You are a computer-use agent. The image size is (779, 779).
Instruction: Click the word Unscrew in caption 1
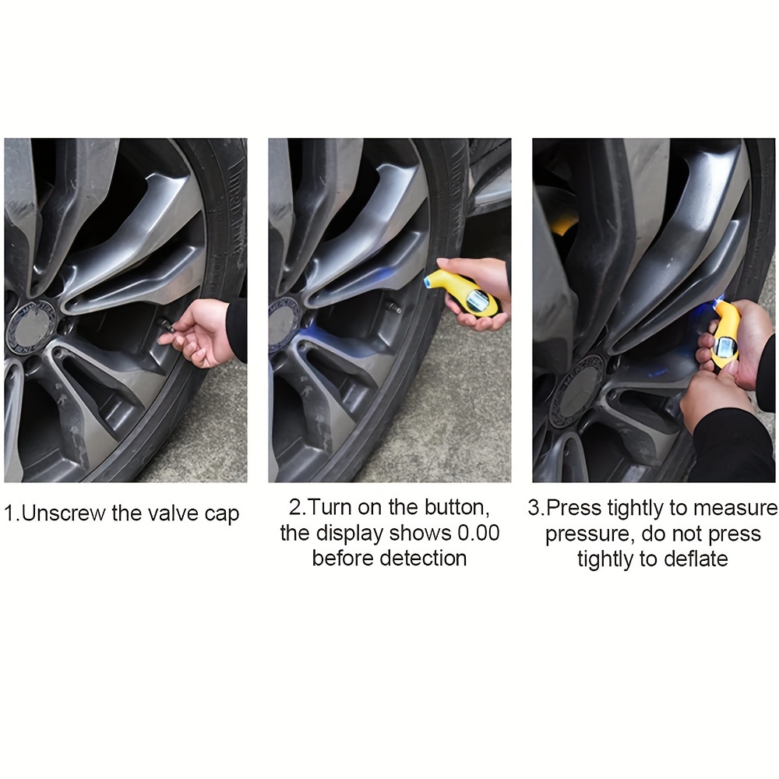(x=62, y=513)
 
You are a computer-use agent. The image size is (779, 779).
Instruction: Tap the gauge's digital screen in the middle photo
(x=477, y=301)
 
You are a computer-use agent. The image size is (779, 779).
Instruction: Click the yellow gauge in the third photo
(x=726, y=333)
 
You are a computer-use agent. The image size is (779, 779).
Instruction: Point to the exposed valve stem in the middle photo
(x=394, y=308)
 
